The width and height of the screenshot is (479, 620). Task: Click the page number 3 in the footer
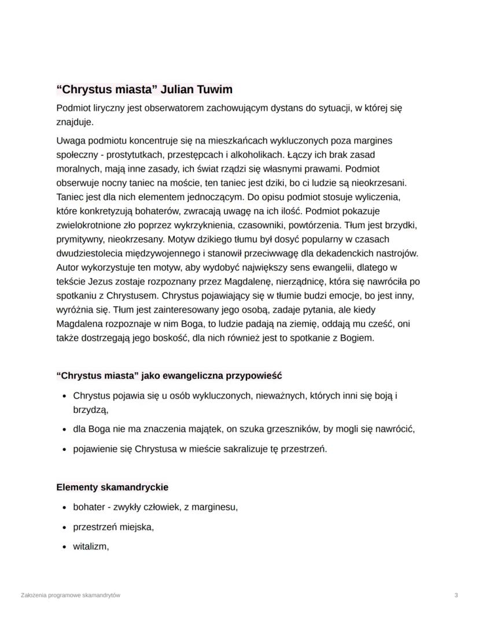[x=456, y=595]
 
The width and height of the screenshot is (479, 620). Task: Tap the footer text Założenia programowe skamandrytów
[x=70, y=595]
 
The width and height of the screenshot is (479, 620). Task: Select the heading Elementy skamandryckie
[x=112, y=487]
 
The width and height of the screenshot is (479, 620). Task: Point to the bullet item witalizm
[x=91, y=545]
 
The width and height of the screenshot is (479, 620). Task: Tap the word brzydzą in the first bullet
[x=90, y=409]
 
